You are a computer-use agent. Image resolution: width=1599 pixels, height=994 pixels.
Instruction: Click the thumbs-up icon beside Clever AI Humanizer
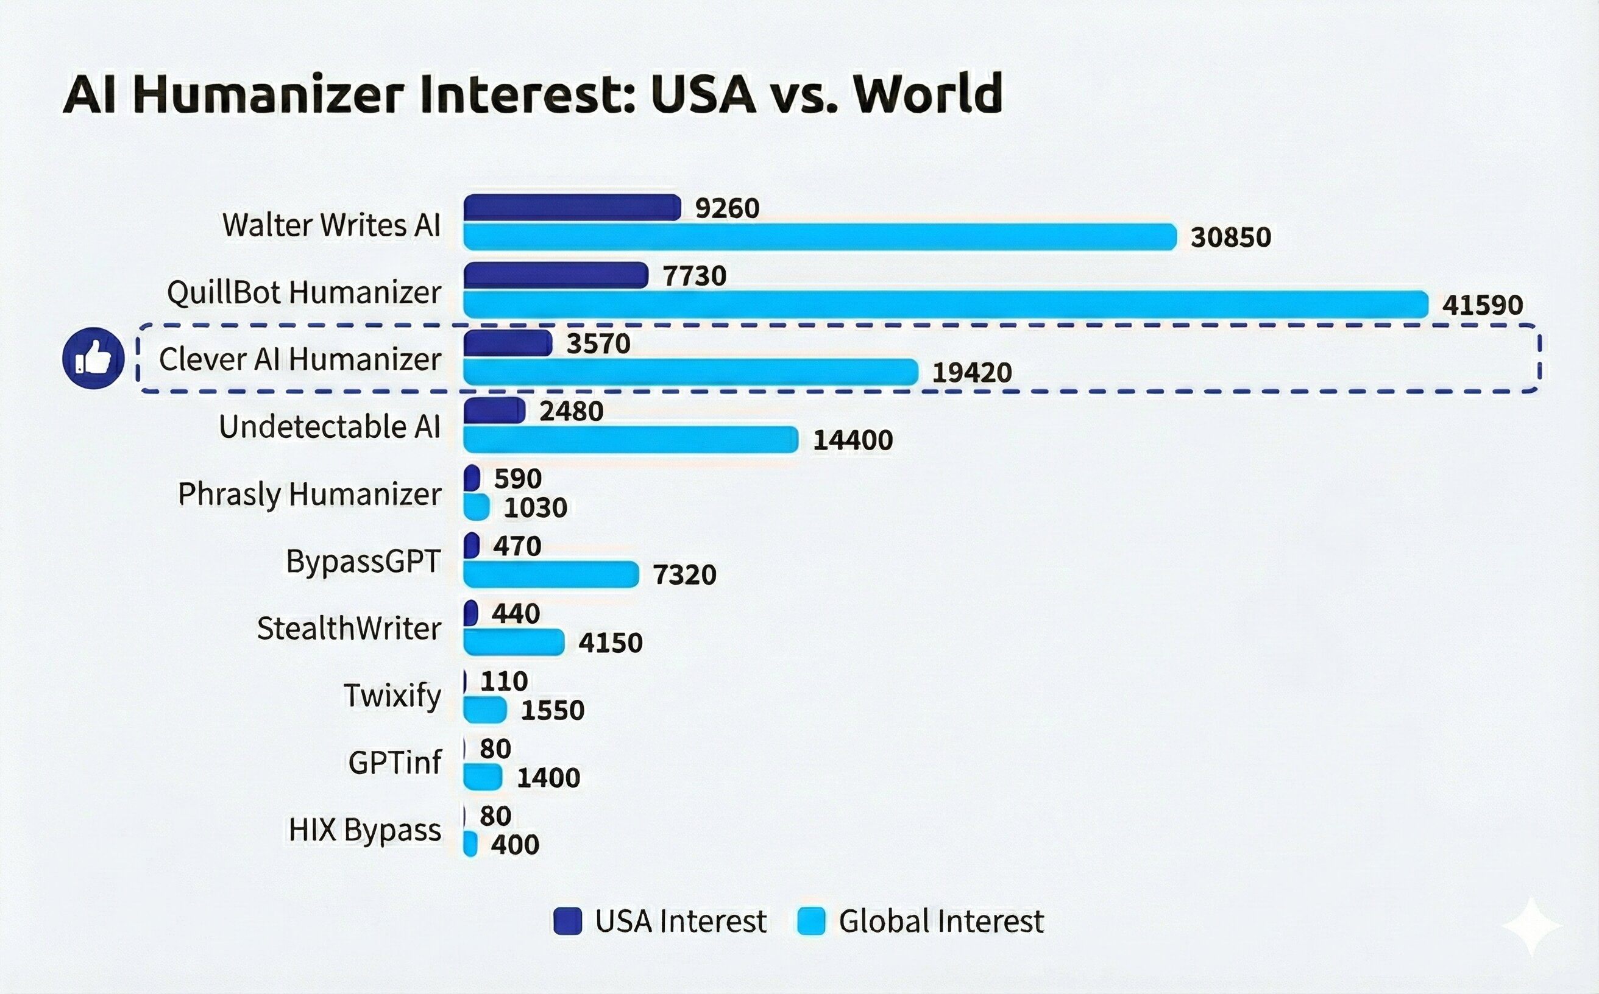[x=93, y=358]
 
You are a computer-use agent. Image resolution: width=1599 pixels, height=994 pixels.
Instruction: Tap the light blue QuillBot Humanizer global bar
[x=945, y=305]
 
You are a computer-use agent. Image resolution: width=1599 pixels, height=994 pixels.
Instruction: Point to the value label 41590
[x=1483, y=305]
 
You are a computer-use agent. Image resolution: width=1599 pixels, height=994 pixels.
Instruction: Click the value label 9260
[x=727, y=208]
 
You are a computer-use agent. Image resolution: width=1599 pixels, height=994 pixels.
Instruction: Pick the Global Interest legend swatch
[x=810, y=921]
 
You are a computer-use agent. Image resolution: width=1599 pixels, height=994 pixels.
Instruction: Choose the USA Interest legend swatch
[x=567, y=921]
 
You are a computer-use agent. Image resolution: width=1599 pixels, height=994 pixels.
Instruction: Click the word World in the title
[x=927, y=93]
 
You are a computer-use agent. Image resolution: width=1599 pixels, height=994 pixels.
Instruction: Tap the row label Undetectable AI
[x=330, y=427]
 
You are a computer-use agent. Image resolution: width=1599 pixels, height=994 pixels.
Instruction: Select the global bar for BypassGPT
[x=550, y=574]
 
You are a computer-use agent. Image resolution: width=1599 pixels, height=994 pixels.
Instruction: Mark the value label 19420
[x=972, y=373]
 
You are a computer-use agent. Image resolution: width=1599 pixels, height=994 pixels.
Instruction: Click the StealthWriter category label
[x=349, y=629]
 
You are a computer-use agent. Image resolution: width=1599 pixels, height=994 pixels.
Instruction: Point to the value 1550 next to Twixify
[x=553, y=710]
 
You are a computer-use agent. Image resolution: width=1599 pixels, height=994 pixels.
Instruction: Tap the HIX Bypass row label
[x=364, y=830]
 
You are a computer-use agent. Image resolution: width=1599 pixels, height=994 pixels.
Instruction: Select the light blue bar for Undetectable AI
[x=630, y=439]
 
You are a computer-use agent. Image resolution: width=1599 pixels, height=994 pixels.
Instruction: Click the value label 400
[x=515, y=845]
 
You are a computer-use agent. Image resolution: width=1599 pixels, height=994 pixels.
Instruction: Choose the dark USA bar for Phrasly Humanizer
[x=472, y=478]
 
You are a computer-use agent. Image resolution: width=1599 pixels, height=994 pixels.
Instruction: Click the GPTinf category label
[x=395, y=763]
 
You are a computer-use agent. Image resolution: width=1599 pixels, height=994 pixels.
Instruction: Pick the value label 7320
[x=684, y=574]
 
